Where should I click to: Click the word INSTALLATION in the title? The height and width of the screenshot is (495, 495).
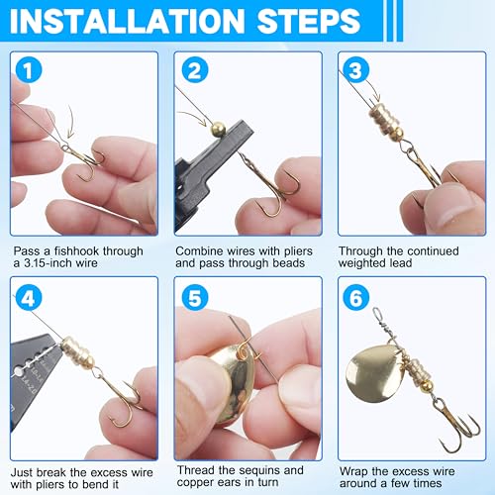coord(127,21)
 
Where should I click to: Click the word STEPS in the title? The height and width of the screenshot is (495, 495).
coord(309,21)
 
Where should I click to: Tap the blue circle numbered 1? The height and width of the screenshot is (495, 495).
coord(29,70)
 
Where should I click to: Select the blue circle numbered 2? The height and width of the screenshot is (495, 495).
coord(195,70)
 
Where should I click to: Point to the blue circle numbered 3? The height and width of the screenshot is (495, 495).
coord(355,70)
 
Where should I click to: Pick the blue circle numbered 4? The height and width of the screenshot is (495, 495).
coord(29,298)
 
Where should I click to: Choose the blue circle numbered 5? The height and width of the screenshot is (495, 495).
coord(195,298)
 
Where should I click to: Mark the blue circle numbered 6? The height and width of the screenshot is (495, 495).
coord(355,298)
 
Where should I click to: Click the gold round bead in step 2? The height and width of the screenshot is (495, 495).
coord(218,129)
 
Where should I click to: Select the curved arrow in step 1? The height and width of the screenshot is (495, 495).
coord(70,122)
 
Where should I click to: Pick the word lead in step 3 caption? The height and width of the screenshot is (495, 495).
coord(400,263)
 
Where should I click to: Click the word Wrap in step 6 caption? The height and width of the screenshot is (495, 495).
coord(353,472)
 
